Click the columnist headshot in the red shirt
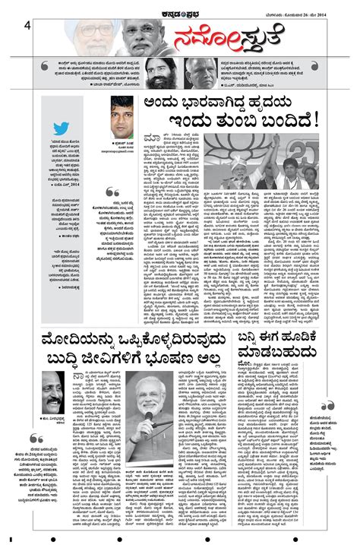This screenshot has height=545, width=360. click(122, 112)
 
